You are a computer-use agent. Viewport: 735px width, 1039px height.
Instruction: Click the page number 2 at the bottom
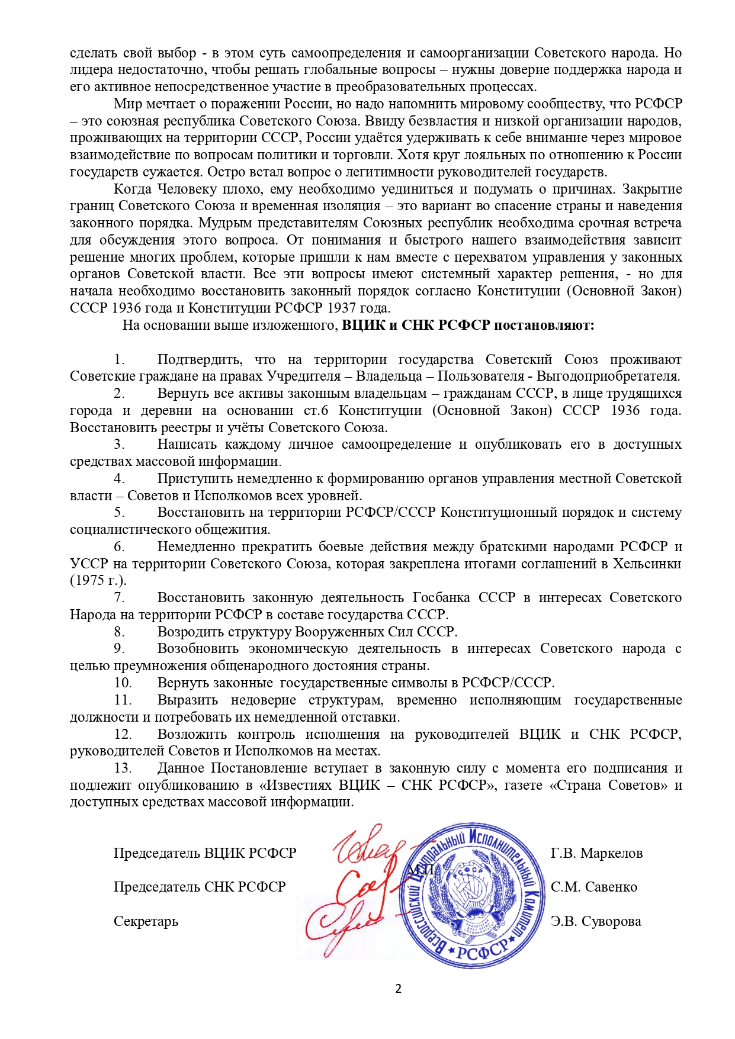[x=398, y=989]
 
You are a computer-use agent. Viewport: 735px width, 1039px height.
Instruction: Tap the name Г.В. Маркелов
[x=596, y=853]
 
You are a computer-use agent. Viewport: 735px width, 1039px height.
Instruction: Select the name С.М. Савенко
[x=594, y=887]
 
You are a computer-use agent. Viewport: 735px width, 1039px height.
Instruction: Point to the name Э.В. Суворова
[x=596, y=921]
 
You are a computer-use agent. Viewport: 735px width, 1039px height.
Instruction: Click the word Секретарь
[x=146, y=921]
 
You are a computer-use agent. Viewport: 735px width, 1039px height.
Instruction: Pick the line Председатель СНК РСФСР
[x=200, y=887]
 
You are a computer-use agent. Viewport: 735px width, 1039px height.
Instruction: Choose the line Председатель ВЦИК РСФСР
[x=205, y=853]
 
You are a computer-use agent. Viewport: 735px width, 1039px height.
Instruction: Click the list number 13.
[x=123, y=768]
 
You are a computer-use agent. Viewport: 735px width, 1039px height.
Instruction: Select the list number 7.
[x=120, y=597]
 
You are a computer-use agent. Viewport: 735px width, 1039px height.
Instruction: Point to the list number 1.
[x=120, y=359]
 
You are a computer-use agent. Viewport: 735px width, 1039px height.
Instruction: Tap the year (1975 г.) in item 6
[x=98, y=580]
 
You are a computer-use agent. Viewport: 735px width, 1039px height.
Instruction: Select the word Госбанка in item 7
[x=441, y=597]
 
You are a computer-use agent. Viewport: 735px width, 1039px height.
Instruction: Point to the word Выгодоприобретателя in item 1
[x=608, y=376]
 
